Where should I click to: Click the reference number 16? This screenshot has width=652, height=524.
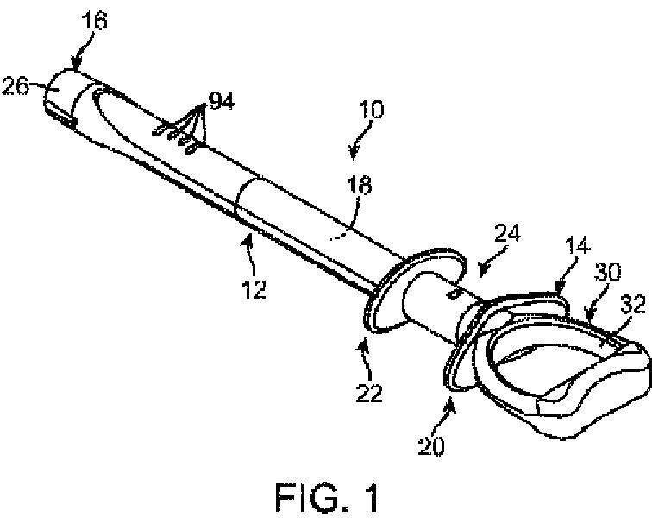(96, 20)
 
